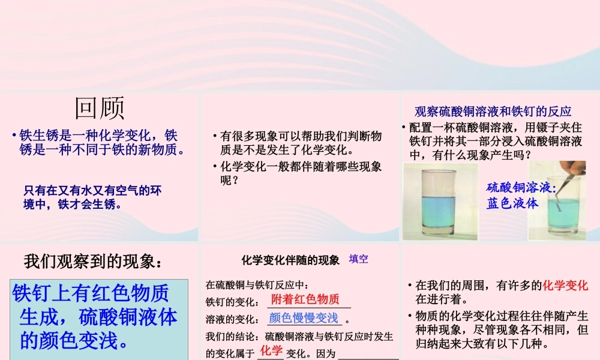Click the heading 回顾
click(x=100, y=109)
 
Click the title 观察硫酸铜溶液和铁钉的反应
click(x=493, y=111)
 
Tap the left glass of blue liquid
click(x=441, y=204)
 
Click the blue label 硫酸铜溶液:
click(x=521, y=187)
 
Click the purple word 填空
click(x=358, y=259)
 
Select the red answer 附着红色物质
click(x=305, y=299)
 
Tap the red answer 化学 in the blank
click(x=271, y=350)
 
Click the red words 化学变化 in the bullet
click(x=565, y=286)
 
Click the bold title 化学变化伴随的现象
click(x=290, y=260)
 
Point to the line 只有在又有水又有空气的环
click(x=93, y=191)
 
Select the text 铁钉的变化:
click(x=232, y=302)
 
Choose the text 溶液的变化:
click(x=232, y=320)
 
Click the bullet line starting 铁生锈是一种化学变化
click(x=98, y=136)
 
